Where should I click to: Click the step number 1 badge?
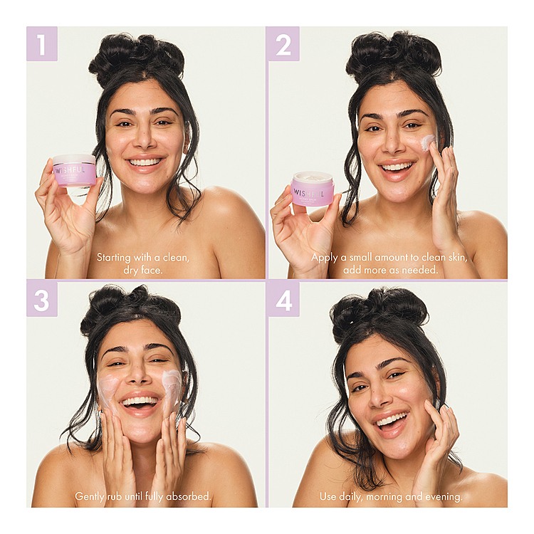(42, 43)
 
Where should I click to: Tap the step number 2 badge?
(283, 43)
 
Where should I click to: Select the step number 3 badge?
(42, 300)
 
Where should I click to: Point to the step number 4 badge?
(283, 300)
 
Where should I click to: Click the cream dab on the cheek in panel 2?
(428, 142)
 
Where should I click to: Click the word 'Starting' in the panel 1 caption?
(114, 258)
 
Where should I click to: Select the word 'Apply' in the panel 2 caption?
(323, 258)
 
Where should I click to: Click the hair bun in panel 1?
(136, 58)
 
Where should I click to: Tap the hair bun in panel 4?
(378, 313)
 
